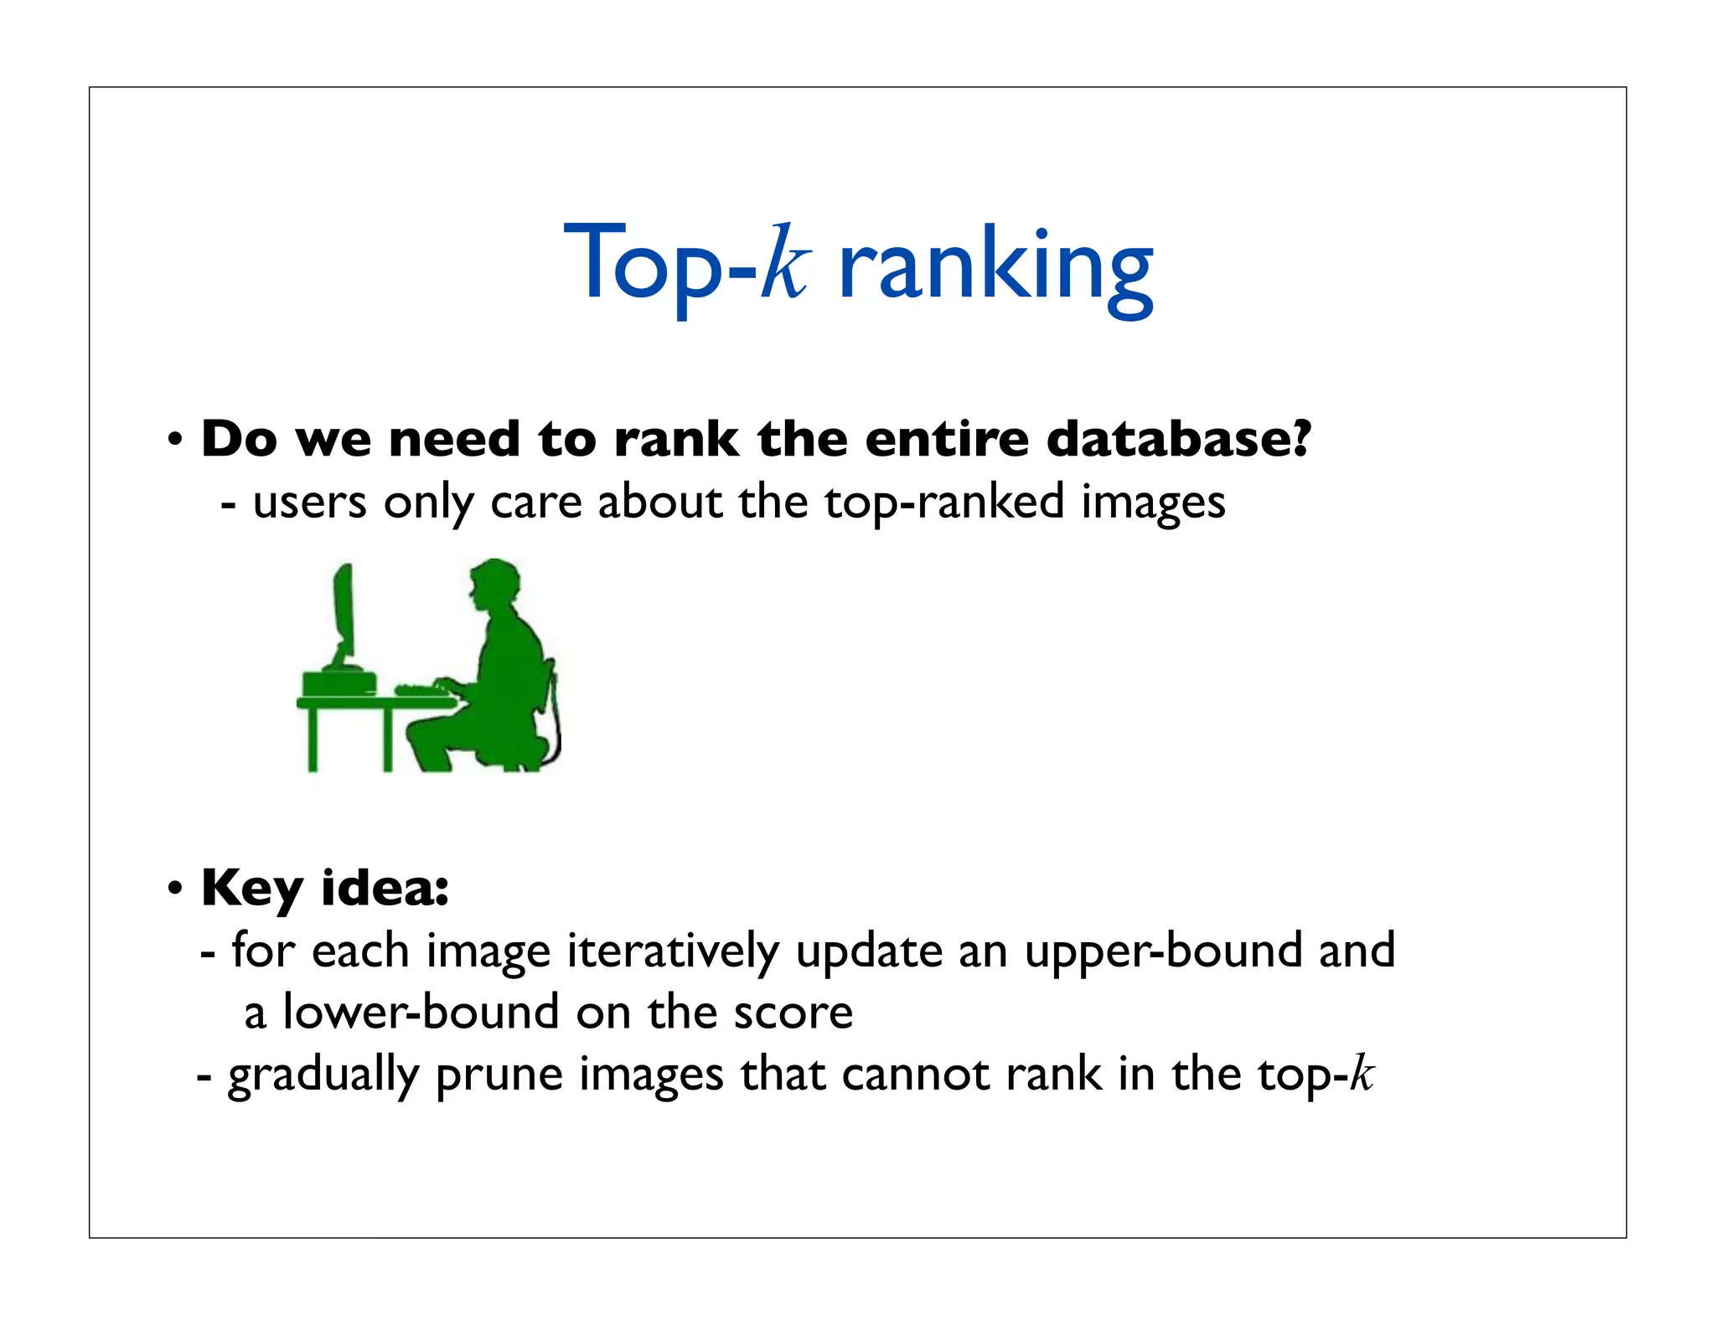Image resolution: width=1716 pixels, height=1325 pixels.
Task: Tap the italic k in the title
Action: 785,263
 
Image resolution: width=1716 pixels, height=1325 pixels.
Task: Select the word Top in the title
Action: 641,263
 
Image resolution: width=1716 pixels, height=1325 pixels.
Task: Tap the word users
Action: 309,503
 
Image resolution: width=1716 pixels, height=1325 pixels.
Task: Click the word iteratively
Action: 673,952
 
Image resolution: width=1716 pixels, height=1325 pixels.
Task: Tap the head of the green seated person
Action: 494,585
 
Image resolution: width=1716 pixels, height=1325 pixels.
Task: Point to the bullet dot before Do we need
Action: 175,439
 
